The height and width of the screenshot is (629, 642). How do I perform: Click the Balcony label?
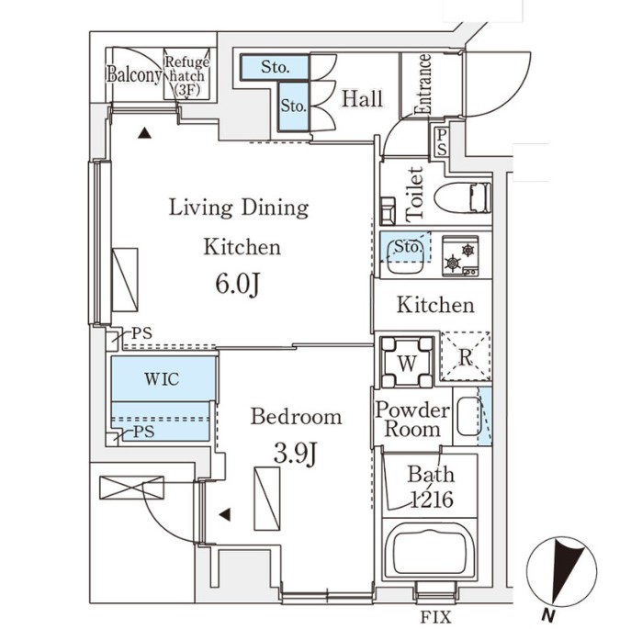pyautogui.click(x=134, y=74)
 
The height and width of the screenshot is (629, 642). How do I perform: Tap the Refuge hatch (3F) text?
pyautogui.click(x=187, y=76)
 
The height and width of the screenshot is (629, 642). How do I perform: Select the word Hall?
pyautogui.click(x=362, y=99)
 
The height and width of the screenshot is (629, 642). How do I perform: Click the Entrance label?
pyautogui.click(x=423, y=85)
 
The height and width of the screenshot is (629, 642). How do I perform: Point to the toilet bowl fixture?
pyautogui.click(x=463, y=198)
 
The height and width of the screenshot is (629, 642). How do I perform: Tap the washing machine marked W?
pyautogui.click(x=404, y=361)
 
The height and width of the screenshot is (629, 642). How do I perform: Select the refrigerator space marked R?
pyautogui.click(x=466, y=357)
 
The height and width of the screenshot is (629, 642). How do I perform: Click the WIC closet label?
pyautogui.click(x=162, y=378)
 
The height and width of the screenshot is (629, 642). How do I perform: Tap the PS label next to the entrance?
pyautogui.click(x=442, y=141)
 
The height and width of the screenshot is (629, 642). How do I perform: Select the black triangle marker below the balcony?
pyautogui.click(x=144, y=133)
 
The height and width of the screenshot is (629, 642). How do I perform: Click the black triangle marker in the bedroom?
pyautogui.click(x=224, y=515)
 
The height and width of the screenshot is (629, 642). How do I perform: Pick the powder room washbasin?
pyautogui.click(x=467, y=418)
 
